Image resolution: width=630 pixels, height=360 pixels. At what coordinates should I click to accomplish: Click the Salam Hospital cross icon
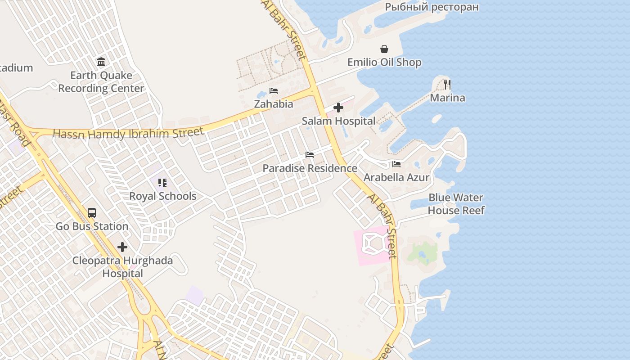tap(338, 108)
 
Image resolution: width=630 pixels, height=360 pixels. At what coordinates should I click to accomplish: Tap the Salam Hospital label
tap(338, 121)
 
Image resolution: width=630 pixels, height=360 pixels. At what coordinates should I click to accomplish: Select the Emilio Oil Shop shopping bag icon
tap(384, 49)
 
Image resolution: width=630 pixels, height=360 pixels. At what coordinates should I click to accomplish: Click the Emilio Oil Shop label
tap(384, 62)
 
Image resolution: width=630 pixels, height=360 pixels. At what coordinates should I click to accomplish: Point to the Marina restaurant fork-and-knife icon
tap(447, 84)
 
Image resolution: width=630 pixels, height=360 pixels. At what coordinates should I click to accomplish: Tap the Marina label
tap(447, 98)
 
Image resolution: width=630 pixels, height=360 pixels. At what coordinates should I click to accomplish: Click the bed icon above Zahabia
tap(274, 91)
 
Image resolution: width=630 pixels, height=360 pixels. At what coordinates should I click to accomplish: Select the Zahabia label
tap(274, 104)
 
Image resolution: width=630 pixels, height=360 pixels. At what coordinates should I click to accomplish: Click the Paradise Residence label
tap(310, 168)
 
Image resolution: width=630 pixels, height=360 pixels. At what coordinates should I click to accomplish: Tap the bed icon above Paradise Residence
tap(310, 155)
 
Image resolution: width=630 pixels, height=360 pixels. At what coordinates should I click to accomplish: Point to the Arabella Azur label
tap(396, 177)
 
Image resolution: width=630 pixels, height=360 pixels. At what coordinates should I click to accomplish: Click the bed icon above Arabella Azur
tap(396, 164)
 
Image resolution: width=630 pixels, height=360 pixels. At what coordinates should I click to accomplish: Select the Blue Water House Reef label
tap(456, 204)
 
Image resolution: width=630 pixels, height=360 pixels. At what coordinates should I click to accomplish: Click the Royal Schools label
tap(162, 196)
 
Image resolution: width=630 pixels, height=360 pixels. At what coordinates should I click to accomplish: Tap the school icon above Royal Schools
tap(162, 183)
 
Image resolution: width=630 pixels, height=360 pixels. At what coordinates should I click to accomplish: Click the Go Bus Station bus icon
tap(92, 213)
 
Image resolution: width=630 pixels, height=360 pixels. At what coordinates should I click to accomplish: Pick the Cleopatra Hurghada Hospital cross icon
tap(122, 247)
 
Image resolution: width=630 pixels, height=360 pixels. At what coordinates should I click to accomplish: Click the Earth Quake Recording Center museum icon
tap(101, 62)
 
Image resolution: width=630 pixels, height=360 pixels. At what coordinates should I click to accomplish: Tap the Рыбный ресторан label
tap(432, 7)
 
